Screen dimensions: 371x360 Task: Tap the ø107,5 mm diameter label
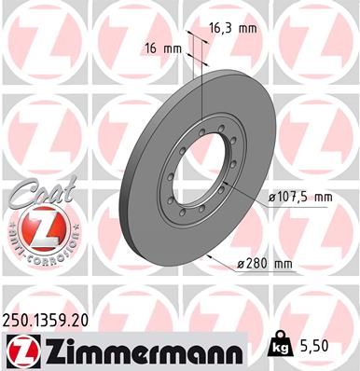(x=300, y=197)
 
